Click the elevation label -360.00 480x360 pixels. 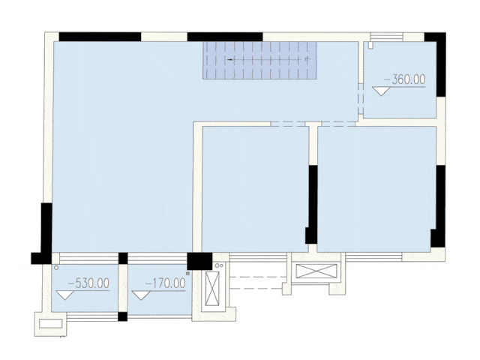[x=405, y=79]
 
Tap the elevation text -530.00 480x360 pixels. [x=88, y=283]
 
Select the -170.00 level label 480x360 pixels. [x=165, y=283]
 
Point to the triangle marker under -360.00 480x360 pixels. [x=382, y=91]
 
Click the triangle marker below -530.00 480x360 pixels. [x=65, y=295]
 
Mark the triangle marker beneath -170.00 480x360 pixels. [x=141, y=295]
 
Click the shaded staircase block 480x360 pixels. [x=259, y=60]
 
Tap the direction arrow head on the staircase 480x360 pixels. [x=229, y=60]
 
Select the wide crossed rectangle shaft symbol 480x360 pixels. [x=316, y=271]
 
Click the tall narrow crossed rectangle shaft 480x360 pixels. [x=212, y=289]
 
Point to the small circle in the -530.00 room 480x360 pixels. [x=56, y=268]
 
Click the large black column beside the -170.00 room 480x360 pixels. [x=199, y=261]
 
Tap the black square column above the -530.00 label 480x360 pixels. [x=123, y=258]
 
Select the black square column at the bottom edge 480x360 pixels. [x=123, y=316]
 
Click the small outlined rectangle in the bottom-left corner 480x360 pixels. [x=51, y=323]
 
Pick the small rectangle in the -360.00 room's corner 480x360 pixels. [x=370, y=45]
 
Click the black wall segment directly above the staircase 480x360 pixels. [x=225, y=37]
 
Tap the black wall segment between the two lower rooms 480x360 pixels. [x=312, y=205]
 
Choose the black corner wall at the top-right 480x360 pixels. [x=438, y=61]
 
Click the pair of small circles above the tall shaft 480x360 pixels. [x=219, y=265]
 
